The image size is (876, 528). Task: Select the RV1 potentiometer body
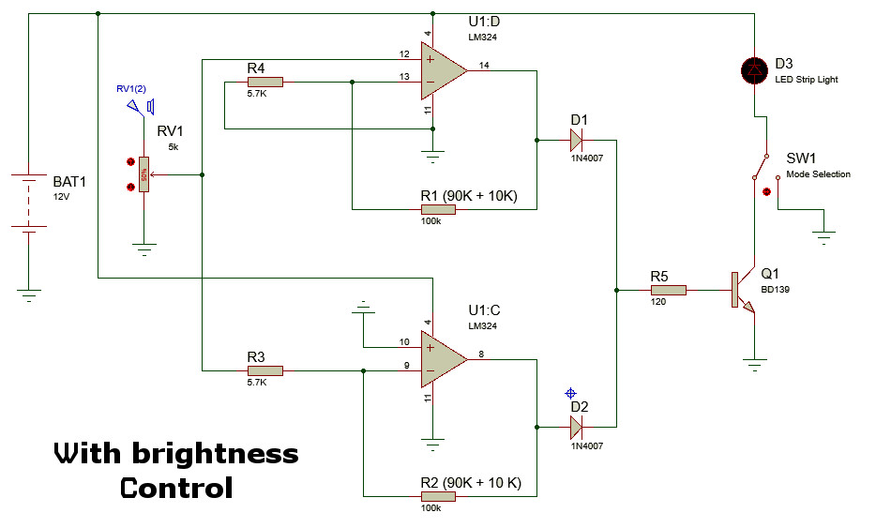143,174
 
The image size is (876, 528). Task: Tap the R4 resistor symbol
264,83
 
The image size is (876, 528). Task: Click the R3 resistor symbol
264,370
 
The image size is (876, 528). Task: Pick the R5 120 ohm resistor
668,291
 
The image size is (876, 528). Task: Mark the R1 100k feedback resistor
437,209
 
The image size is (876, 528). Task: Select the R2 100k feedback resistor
437,497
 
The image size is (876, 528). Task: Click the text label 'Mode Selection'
818,174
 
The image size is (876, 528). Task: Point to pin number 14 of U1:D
484,65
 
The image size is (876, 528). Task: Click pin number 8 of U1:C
481,353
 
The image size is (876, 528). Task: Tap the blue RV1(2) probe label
130,89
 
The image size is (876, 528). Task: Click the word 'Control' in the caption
175,489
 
